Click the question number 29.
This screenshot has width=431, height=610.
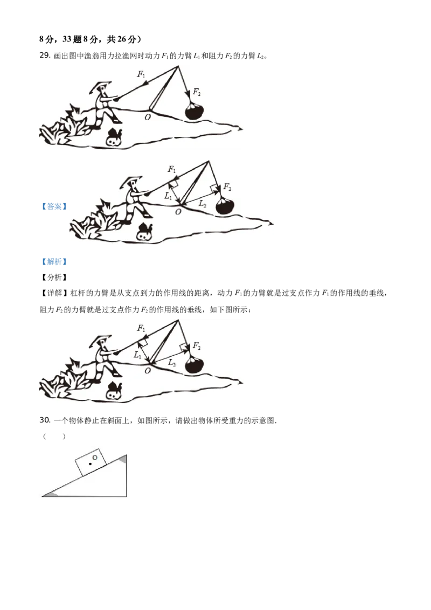point(45,56)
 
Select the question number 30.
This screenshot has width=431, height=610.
point(45,420)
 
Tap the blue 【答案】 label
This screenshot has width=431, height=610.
point(54,206)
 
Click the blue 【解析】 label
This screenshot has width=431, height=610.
point(54,262)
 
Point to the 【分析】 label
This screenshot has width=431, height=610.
point(54,278)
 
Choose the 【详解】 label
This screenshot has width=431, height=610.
point(54,293)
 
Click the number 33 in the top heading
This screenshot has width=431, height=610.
point(67,39)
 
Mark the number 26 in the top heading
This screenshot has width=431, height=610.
point(122,39)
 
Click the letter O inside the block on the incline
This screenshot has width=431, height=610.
point(94,458)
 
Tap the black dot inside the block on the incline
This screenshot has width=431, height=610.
point(91,464)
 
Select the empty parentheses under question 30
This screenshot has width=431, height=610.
point(54,436)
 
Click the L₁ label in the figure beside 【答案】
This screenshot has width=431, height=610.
point(168,196)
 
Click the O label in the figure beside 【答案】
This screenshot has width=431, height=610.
point(178,212)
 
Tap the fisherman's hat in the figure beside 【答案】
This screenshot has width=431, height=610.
point(131,181)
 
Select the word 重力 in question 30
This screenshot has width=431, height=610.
point(236,420)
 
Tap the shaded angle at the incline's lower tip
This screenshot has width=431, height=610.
point(51,494)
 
